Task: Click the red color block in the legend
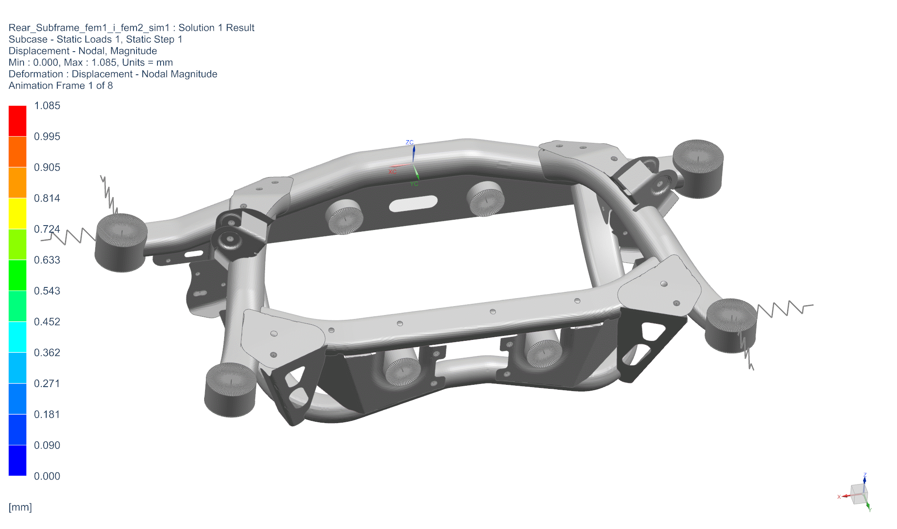pos(17,121)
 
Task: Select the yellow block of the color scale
pos(17,214)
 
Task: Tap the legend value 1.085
pos(47,106)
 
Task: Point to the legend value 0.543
pos(47,291)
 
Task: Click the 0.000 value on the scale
pos(47,476)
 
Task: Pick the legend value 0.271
pos(47,384)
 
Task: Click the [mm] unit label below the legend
pos(20,507)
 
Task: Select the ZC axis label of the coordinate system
pos(410,142)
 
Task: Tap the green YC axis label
pos(414,184)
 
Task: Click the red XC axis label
pos(393,172)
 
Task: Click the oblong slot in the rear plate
pos(413,203)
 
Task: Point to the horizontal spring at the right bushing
pos(785,308)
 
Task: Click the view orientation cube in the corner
pos(859,494)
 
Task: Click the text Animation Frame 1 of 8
pos(60,85)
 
